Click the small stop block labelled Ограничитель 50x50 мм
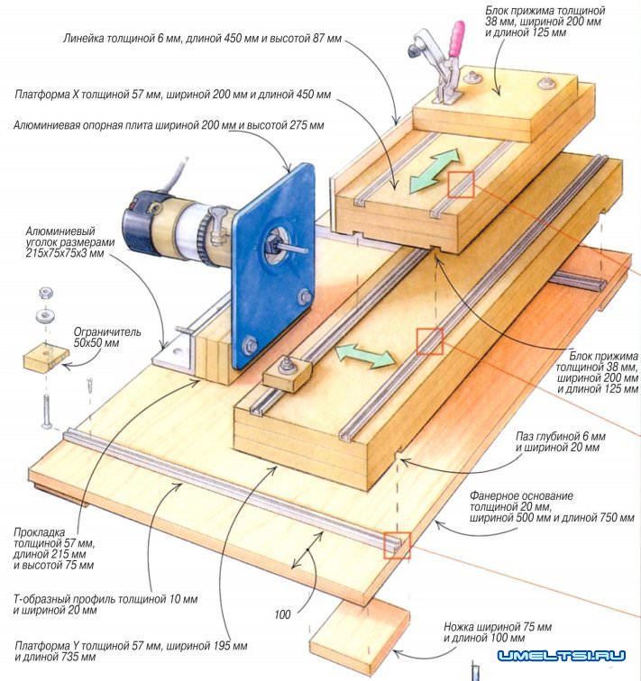(44, 359)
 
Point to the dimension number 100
(283, 614)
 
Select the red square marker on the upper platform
(461, 184)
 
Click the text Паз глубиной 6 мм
(558, 435)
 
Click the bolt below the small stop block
(45, 410)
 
